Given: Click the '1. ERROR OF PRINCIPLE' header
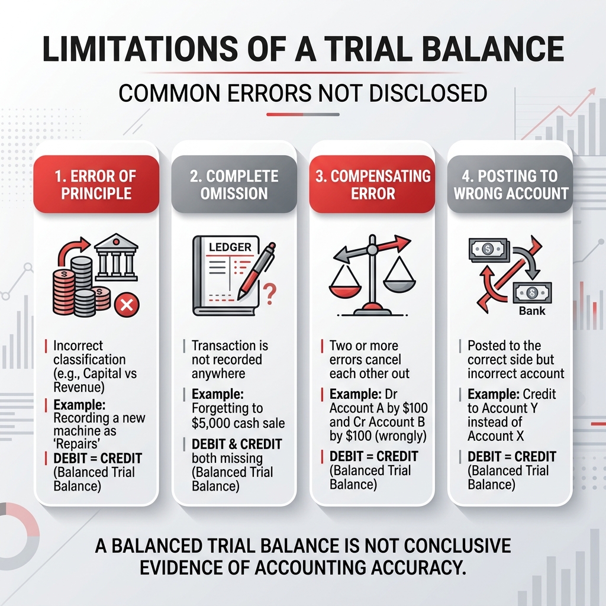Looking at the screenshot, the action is [x=96, y=184].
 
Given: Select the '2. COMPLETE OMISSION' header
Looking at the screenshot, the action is [x=234, y=184].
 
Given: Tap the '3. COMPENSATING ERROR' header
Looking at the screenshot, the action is [x=372, y=184].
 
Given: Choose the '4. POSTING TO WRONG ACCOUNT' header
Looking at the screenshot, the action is [x=510, y=184].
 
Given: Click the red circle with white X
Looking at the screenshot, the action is [x=125, y=305].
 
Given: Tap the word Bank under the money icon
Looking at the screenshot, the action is [x=532, y=310].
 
